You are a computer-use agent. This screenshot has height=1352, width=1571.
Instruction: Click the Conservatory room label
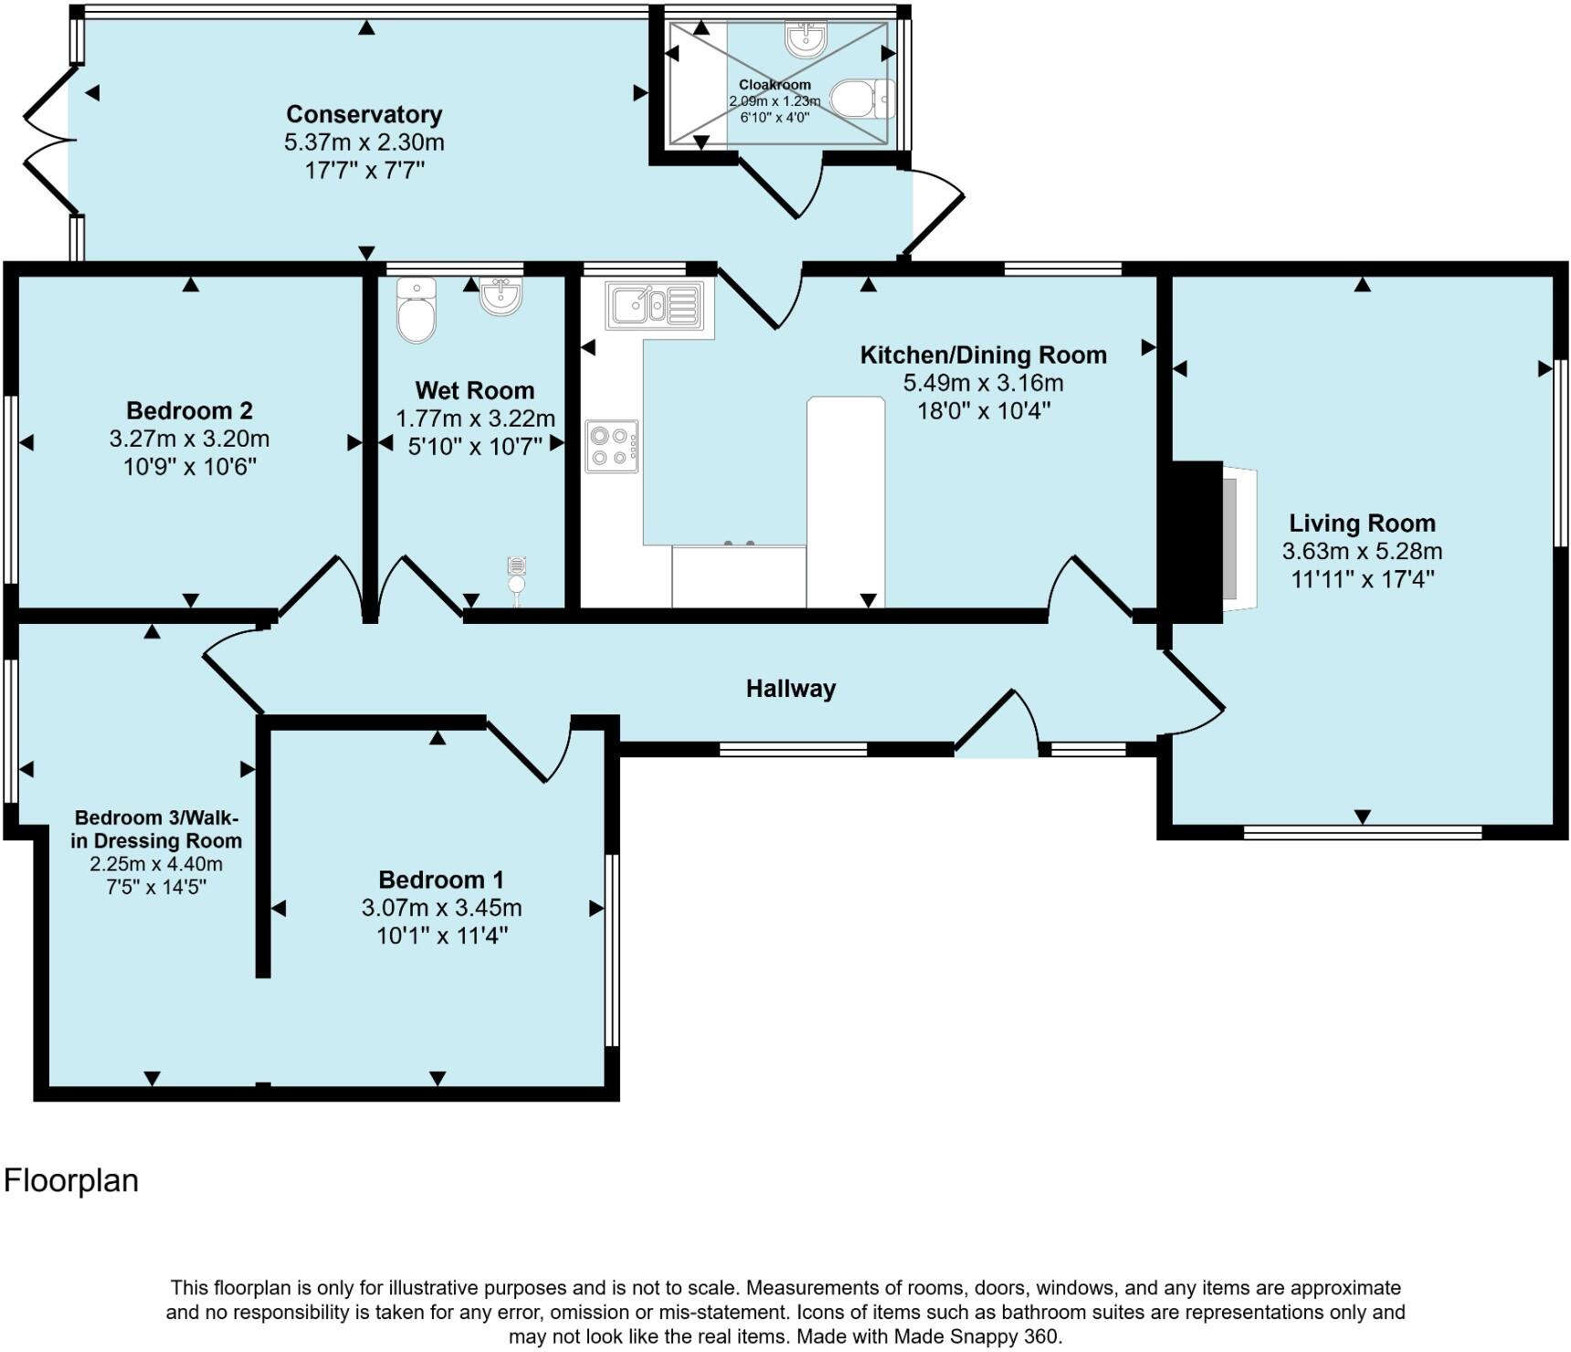click(x=364, y=114)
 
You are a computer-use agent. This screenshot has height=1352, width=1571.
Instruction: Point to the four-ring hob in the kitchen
click(x=612, y=447)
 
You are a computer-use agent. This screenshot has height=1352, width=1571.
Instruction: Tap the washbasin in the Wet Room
click(x=501, y=296)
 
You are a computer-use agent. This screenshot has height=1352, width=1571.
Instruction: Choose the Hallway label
click(x=790, y=689)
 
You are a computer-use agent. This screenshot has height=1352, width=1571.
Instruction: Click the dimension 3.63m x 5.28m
click(x=1362, y=551)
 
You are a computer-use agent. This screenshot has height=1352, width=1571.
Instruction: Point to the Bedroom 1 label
click(x=440, y=880)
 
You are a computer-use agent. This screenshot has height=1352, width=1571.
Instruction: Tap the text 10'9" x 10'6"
click(x=189, y=467)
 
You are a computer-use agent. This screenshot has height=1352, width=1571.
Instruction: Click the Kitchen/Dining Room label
click(x=983, y=354)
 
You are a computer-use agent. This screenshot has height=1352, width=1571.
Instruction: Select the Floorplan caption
click(x=71, y=1180)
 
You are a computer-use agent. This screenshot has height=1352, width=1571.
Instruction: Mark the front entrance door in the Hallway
click(x=996, y=727)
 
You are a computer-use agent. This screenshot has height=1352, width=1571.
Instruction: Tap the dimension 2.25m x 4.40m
click(x=156, y=864)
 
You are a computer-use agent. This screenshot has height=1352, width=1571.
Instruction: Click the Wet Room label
click(x=474, y=390)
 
